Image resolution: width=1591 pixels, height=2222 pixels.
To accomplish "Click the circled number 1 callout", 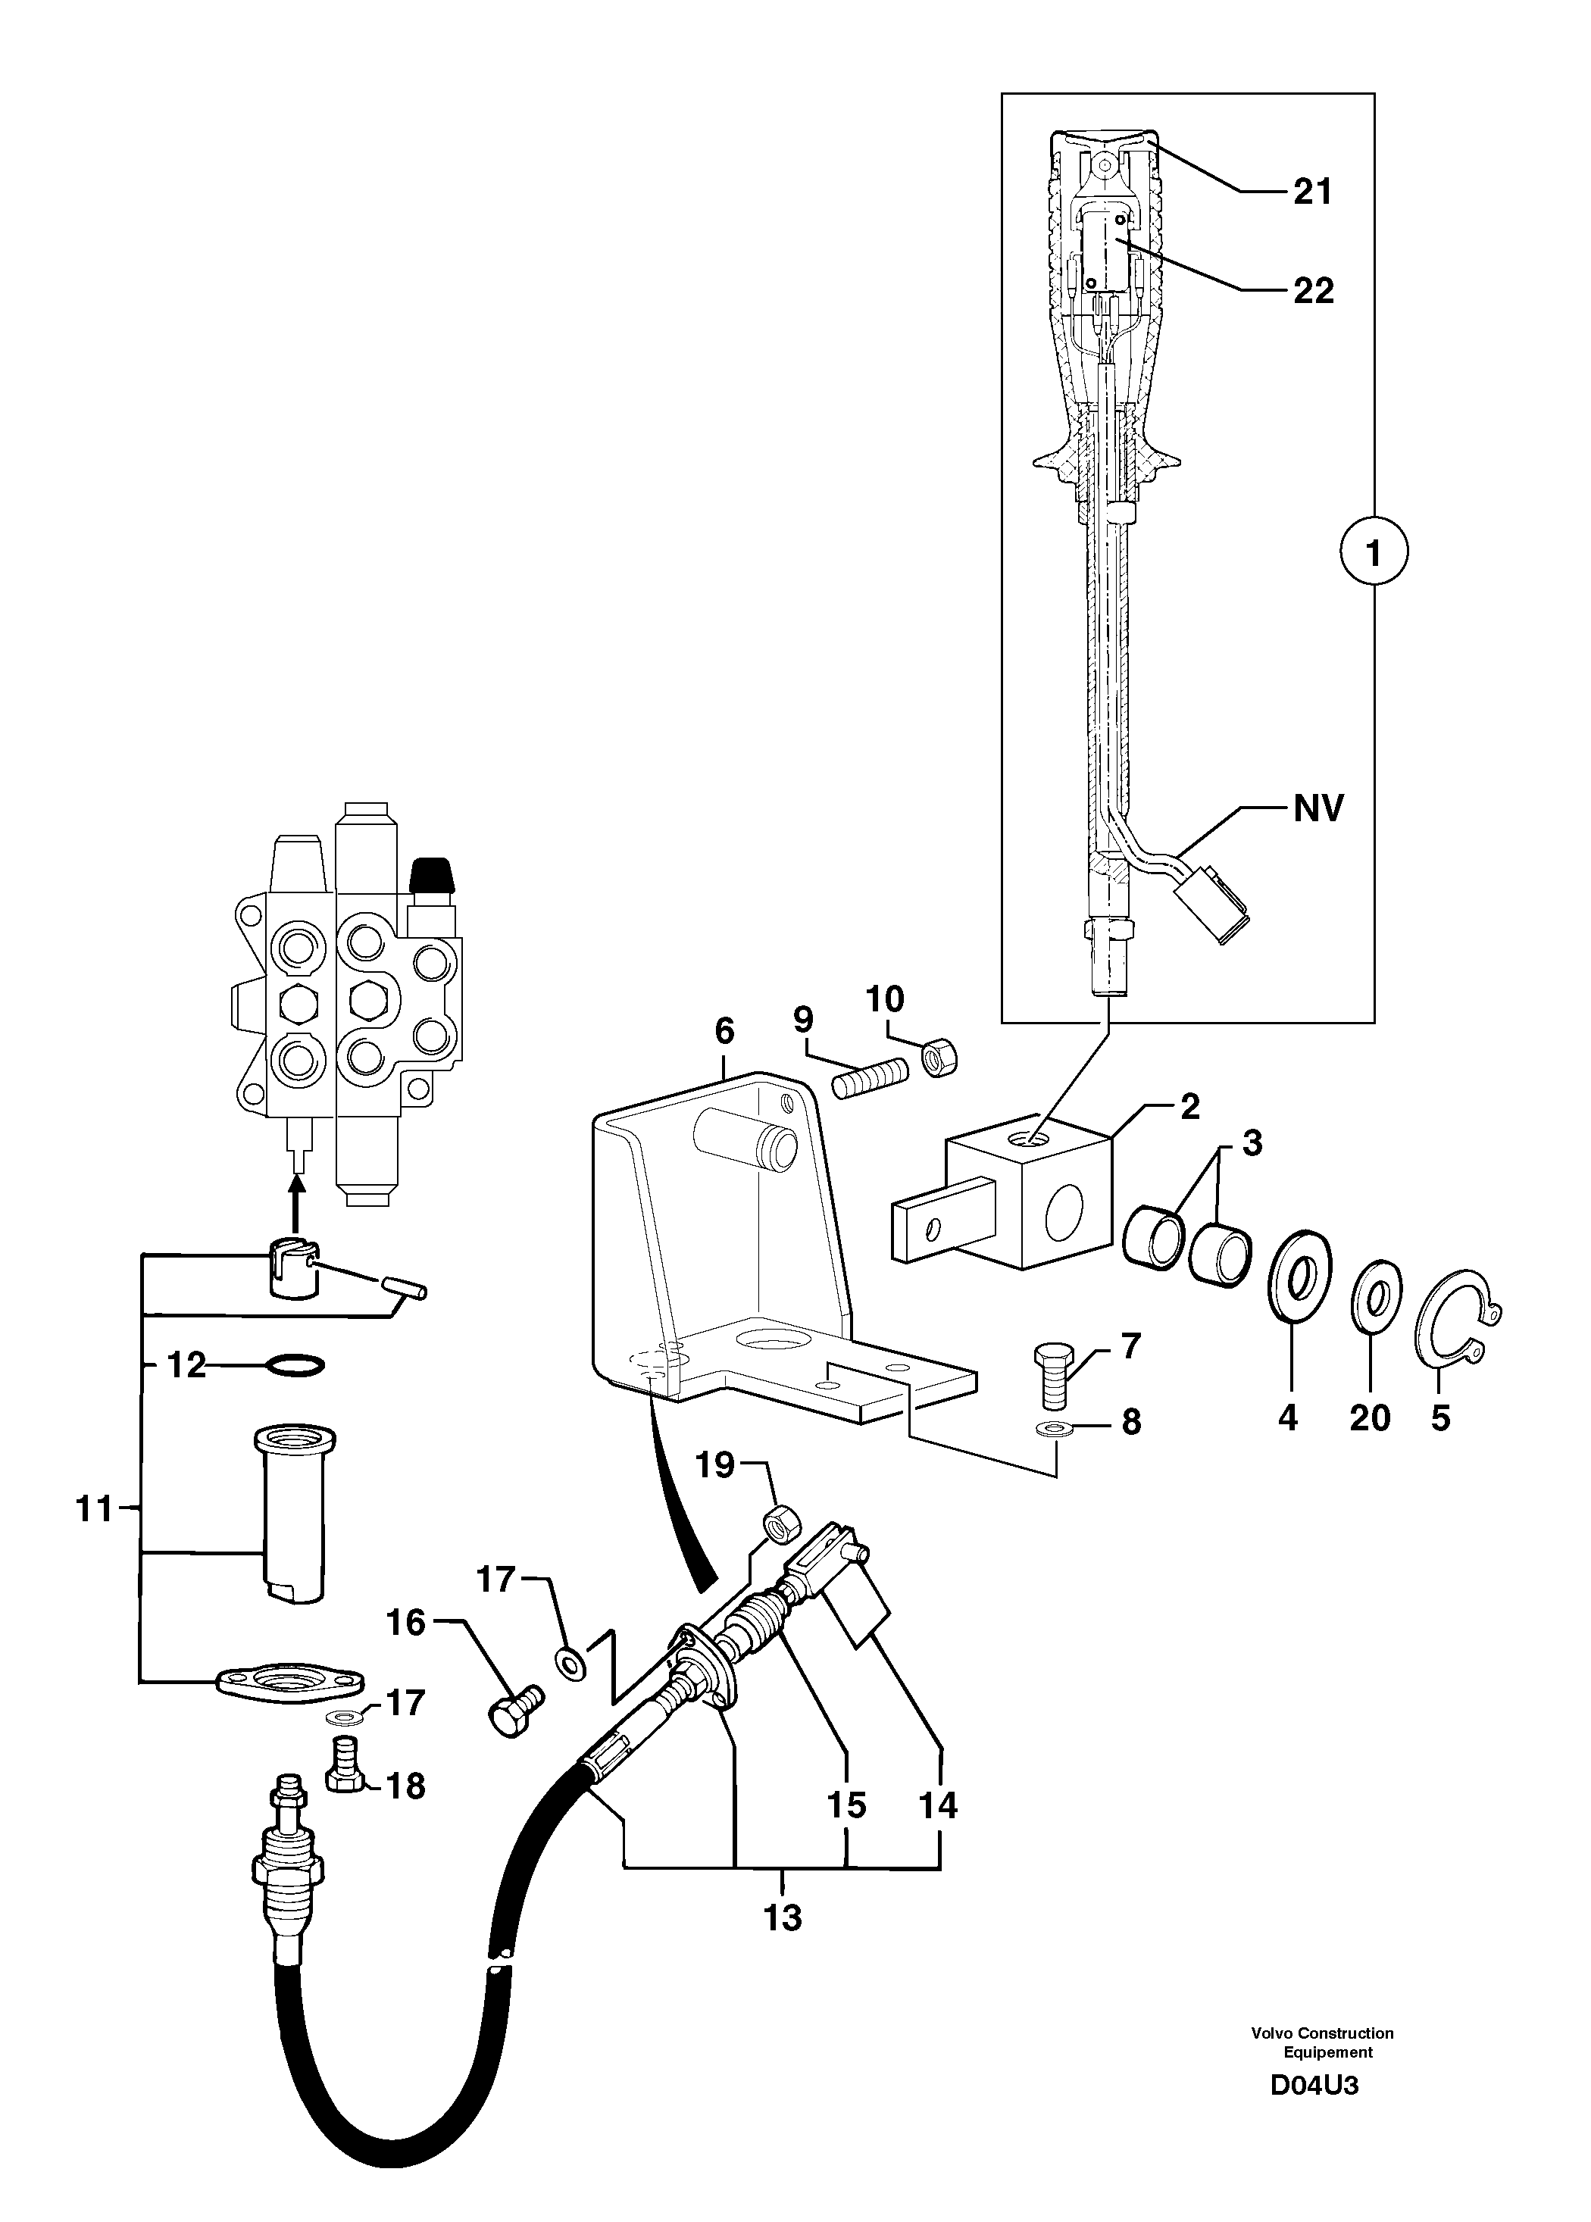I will pos(1373,555).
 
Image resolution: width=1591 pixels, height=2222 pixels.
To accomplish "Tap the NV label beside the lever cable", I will pos(1319,809).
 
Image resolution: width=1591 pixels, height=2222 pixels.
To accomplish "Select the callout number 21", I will pos(1313,191).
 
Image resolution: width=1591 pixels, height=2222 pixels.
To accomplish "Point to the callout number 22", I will pos(1313,290).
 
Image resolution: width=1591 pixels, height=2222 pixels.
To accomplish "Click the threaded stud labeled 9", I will pos(870,1080).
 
